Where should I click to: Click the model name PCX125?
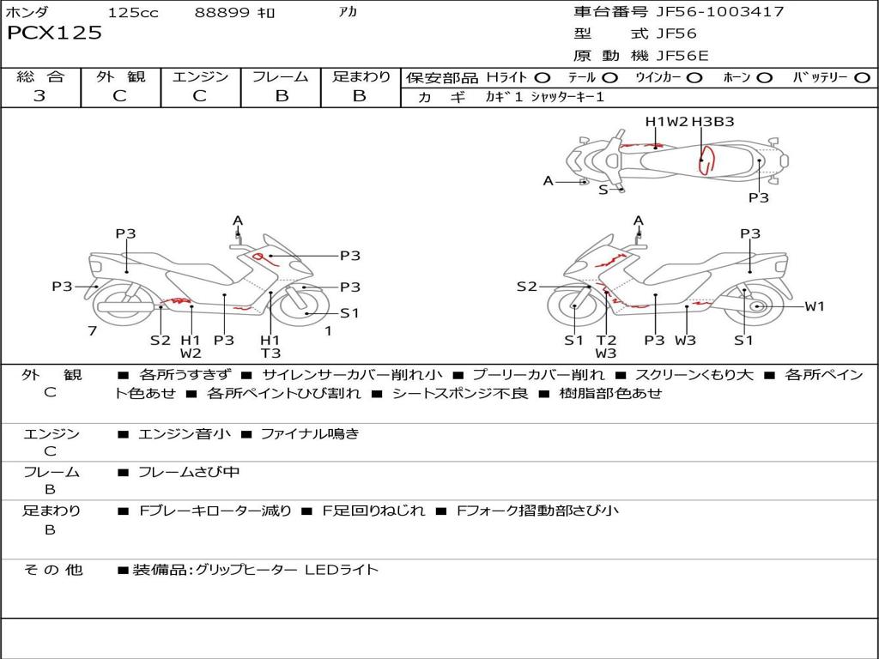point(54,33)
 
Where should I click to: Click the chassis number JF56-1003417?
point(707,12)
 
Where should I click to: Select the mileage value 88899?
point(221,13)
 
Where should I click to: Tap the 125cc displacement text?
point(133,13)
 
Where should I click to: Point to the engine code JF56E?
point(682,56)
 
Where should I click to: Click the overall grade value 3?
point(39,96)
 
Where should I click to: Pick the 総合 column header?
point(40,76)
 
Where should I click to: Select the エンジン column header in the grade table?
point(200,76)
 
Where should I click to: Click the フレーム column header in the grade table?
point(281,76)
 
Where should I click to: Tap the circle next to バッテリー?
point(862,78)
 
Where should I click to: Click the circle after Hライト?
point(543,78)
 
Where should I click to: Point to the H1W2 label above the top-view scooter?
point(667,122)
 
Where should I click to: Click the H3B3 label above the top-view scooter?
point(712,122)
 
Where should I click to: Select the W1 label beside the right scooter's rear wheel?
point(814,306)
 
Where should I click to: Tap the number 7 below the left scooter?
point(92,331)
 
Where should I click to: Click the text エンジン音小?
point(185,434)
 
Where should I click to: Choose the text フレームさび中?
point(189,472)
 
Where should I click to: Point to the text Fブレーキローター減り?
point(215,511)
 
